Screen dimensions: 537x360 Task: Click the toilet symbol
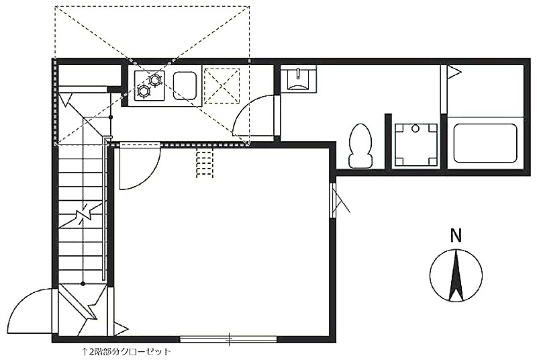tap(360, 146)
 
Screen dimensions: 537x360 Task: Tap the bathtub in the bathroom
tap(485, 143)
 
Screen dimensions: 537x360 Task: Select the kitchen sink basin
tap(185, 85)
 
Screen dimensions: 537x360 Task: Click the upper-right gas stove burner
tap(155, 80)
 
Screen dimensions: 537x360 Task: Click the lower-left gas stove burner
tap(144, 91)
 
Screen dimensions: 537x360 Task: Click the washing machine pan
tap(416, 144)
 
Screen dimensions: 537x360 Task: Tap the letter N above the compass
tap(456, 236)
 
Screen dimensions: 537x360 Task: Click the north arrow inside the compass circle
tap(456, 276)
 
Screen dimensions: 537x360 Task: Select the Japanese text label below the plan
tap(126, 351)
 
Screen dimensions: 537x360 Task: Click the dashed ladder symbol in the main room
tap(205, 163)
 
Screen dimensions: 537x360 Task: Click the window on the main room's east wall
tap(333, 200)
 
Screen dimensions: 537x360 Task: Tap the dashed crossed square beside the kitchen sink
tap(222, 85)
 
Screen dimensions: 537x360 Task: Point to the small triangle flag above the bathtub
tap(454, 72)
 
